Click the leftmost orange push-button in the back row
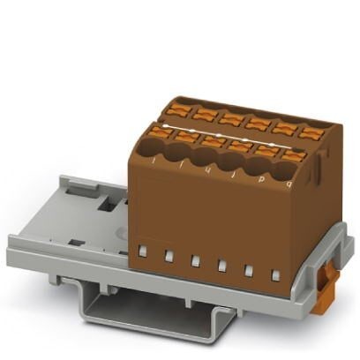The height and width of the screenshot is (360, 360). click(176, 109)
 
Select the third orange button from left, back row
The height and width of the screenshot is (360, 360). click(232, 118)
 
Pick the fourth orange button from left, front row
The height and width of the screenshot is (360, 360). click(239, 146)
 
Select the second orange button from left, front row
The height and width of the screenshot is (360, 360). click(185, 137)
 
